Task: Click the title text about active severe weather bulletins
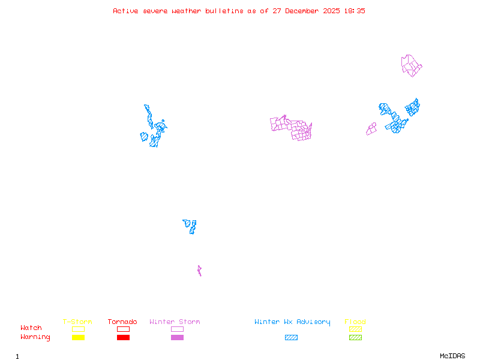239,11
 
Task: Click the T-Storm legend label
77,322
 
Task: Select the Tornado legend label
122,322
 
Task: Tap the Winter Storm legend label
175,322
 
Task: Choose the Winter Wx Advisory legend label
292,322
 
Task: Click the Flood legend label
355,322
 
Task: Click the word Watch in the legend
31,328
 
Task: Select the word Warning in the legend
35,337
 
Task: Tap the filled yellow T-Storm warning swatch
78,337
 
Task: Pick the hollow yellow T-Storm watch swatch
78,329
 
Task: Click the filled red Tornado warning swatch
123,337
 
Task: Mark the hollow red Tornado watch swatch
123,329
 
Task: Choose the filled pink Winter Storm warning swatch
177,337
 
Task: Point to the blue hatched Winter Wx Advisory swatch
291,337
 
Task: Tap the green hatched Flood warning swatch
355,337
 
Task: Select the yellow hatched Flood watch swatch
355,329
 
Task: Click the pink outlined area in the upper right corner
411,65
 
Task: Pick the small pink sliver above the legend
199,271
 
